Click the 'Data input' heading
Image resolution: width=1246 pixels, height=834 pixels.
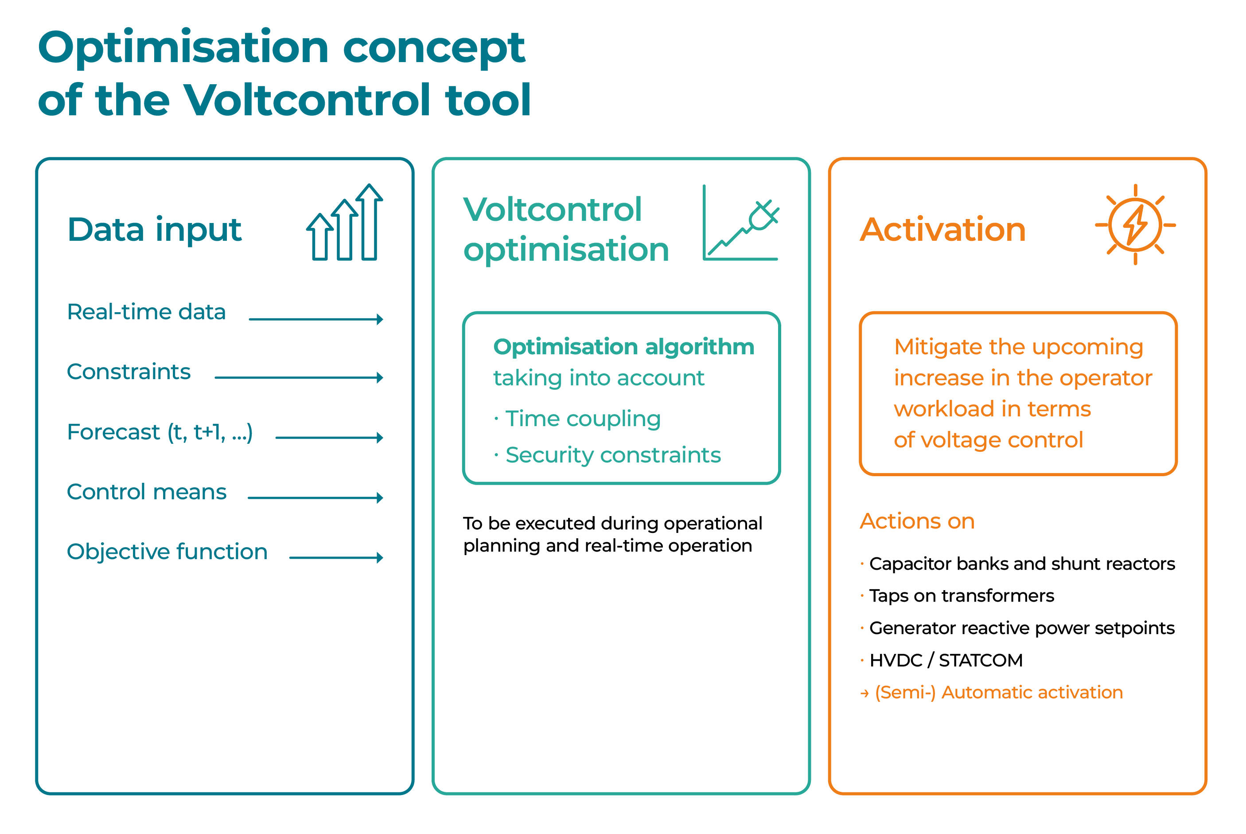click(155, 230)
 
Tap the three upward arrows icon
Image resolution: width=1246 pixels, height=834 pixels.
click(344, 222)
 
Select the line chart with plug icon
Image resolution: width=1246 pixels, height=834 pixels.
click(741, 222)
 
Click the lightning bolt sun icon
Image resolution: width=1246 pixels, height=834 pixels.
click(1135, 224)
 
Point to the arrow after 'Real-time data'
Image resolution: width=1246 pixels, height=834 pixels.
click(316, 319)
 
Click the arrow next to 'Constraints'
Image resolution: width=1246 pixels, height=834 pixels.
click(299, 378)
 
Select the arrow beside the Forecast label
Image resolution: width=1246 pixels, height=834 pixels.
click(329, 438)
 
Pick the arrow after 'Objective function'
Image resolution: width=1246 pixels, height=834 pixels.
click(336, 557)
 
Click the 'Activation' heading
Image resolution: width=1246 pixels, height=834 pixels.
click(943, 230)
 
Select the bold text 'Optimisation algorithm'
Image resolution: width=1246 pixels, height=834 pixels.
click(624, 347)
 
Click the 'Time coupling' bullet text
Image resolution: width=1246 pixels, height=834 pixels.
click(583, 419)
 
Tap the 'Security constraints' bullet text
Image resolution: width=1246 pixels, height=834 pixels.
click(613, 455)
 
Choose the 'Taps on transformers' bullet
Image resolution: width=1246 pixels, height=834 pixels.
click(962, 596)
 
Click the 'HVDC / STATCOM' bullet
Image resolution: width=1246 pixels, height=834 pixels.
click(946, 660)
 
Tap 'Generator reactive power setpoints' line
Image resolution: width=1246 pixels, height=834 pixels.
click(1022, 628)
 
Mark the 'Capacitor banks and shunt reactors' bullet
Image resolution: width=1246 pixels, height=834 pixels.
click(1022, 564)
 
